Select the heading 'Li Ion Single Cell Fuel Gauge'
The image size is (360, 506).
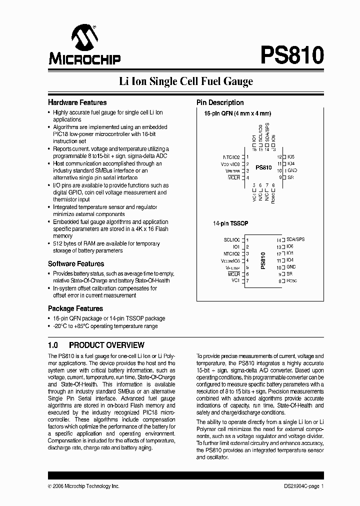tap(185, 81)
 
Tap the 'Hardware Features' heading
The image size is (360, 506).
tap(77, 102)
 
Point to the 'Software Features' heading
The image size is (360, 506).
tap(76, 263)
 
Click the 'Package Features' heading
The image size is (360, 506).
tap(75, 308)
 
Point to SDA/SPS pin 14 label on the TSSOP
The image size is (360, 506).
tap(295, 240)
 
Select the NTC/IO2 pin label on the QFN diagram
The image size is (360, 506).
tap(231, 156)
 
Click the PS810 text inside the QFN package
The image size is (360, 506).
tap(263, 168)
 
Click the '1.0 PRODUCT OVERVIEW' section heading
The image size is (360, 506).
tap(96, 345)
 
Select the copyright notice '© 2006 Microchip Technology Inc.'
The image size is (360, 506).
tap(83, 486)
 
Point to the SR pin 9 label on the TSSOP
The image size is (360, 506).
tap(289, 274)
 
